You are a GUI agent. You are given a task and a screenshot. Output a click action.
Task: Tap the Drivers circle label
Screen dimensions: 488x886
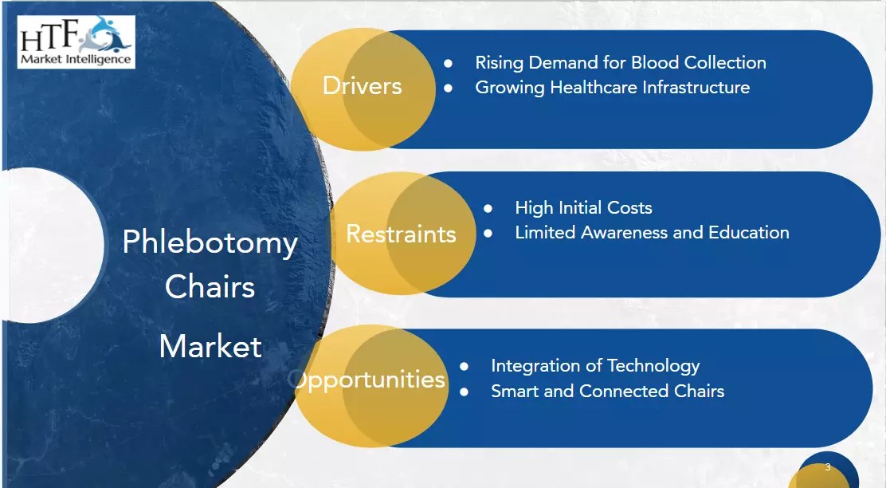point(362,86)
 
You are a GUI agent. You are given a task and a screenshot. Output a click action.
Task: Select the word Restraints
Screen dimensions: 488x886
point(401,234)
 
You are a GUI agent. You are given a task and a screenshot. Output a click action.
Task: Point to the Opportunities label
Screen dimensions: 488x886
point(369,379)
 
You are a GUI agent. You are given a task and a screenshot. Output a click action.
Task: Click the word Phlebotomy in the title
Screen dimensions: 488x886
point(210,242)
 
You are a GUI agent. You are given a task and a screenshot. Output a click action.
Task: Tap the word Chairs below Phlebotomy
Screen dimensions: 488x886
point(210,287)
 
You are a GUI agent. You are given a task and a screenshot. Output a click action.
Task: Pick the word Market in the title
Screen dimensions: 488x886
point(210,346)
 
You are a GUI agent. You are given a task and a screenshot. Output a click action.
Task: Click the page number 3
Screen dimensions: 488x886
point(828,467)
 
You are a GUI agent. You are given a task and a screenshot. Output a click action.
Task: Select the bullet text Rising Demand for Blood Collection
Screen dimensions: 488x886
point(620,62)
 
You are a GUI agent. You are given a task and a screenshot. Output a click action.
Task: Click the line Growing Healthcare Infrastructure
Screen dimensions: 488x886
point(612,87)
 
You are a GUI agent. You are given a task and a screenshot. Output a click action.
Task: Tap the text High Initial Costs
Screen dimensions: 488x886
point(583,208)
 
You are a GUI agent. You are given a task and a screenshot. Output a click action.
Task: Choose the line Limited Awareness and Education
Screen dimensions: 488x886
point(652,233)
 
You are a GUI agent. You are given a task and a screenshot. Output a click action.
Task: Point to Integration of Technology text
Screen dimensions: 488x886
point(595,366)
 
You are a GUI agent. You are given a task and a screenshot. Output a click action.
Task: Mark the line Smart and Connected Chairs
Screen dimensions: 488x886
point(607,391)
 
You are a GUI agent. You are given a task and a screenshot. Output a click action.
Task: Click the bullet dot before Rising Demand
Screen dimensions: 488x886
point(449,63)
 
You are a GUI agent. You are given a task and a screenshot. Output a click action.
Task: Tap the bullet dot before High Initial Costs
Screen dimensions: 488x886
point(488,208)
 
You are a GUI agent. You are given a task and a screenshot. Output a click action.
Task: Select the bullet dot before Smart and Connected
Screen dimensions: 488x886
point(465,392)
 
